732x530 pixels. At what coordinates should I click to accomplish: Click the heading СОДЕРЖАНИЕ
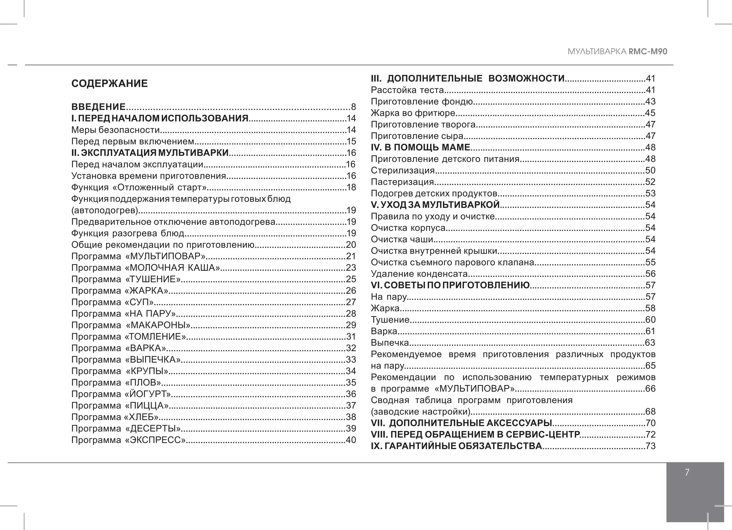[109, 84]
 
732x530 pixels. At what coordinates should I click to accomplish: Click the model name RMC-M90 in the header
[648, 51]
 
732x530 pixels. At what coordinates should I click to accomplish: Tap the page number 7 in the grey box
[687, 472]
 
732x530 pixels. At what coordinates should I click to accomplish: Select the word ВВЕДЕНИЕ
[98, 107]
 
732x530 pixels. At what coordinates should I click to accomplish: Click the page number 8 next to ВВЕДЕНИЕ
[353, 107]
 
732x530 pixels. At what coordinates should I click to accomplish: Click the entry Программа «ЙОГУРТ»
[121, 394]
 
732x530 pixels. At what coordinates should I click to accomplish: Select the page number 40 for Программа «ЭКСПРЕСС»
[351, 440]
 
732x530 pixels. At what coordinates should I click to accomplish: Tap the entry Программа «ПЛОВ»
[116, 382]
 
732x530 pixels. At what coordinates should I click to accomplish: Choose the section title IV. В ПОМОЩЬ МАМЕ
[420, 147]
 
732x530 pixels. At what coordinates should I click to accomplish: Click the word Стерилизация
[402, 170]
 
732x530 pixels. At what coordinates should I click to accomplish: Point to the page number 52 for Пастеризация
[650, 182]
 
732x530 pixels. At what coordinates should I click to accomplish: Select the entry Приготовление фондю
[422, 101]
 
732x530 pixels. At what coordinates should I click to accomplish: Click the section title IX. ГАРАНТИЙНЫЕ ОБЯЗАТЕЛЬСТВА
[456, 446]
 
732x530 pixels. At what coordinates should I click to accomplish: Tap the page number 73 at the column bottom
[650, 446]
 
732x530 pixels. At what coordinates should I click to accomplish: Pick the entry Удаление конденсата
[419, 274]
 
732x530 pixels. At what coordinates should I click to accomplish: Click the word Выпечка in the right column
[390, 343]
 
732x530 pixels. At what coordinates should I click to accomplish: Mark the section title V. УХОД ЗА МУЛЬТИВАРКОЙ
[435, 205]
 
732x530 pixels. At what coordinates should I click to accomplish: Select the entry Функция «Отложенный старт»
[139, 187]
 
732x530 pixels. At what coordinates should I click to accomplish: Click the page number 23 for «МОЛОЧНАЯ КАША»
[351, 268]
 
